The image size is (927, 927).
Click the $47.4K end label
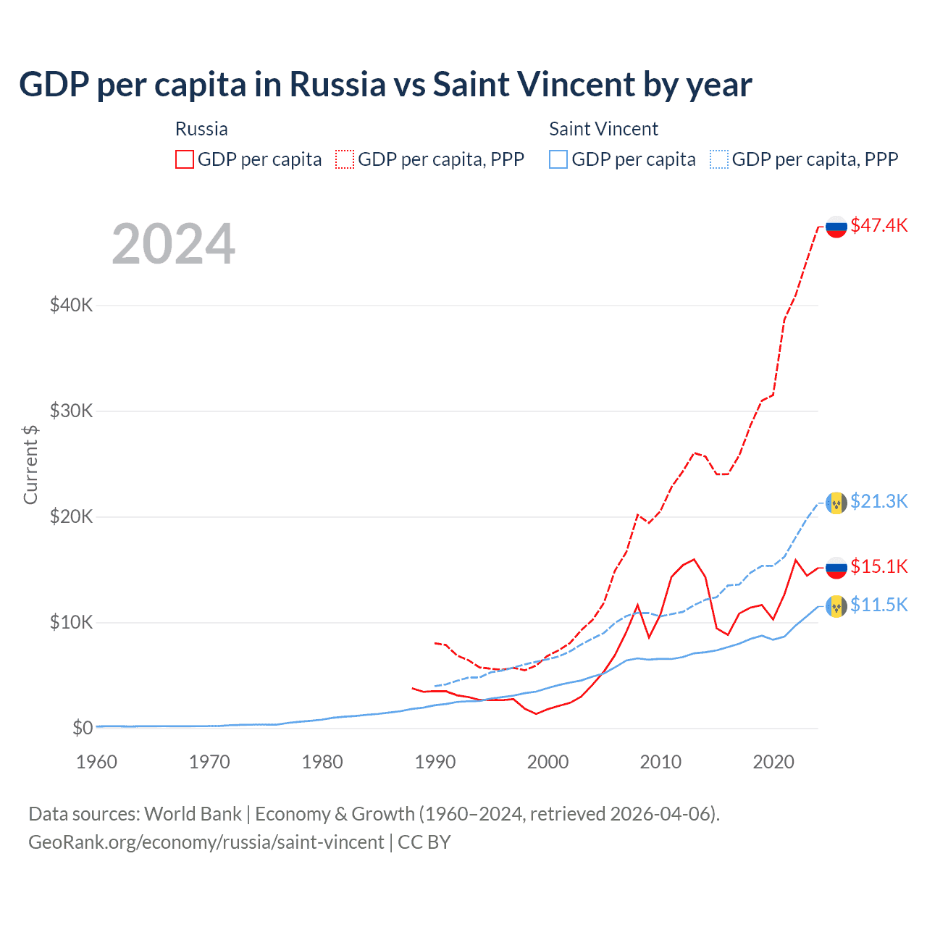(878, 225)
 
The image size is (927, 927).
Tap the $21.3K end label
(878, 501)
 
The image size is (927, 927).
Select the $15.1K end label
(878, 566)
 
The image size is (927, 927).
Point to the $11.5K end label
(878, 605)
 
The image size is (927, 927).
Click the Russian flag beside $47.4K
(836, 227)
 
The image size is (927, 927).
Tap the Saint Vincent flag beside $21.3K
(836, 503)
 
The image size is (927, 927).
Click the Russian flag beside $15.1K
(836, 568)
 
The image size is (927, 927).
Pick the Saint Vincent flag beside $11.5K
(836, 606)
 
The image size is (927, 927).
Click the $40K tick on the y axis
(71, 305)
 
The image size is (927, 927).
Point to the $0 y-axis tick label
(83, 728)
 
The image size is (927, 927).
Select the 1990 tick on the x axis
(435, 762)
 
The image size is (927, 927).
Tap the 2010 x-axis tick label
(660, 762)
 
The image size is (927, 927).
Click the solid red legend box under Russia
(185, 159)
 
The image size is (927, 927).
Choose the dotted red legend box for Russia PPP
(345, 159)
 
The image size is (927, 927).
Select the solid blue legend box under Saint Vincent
(558, 159)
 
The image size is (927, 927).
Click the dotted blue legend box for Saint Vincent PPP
(719, 159)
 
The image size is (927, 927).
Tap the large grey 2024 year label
(174, 245)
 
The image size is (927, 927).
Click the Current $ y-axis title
(30, 465)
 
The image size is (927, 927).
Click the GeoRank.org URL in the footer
(206, 842)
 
